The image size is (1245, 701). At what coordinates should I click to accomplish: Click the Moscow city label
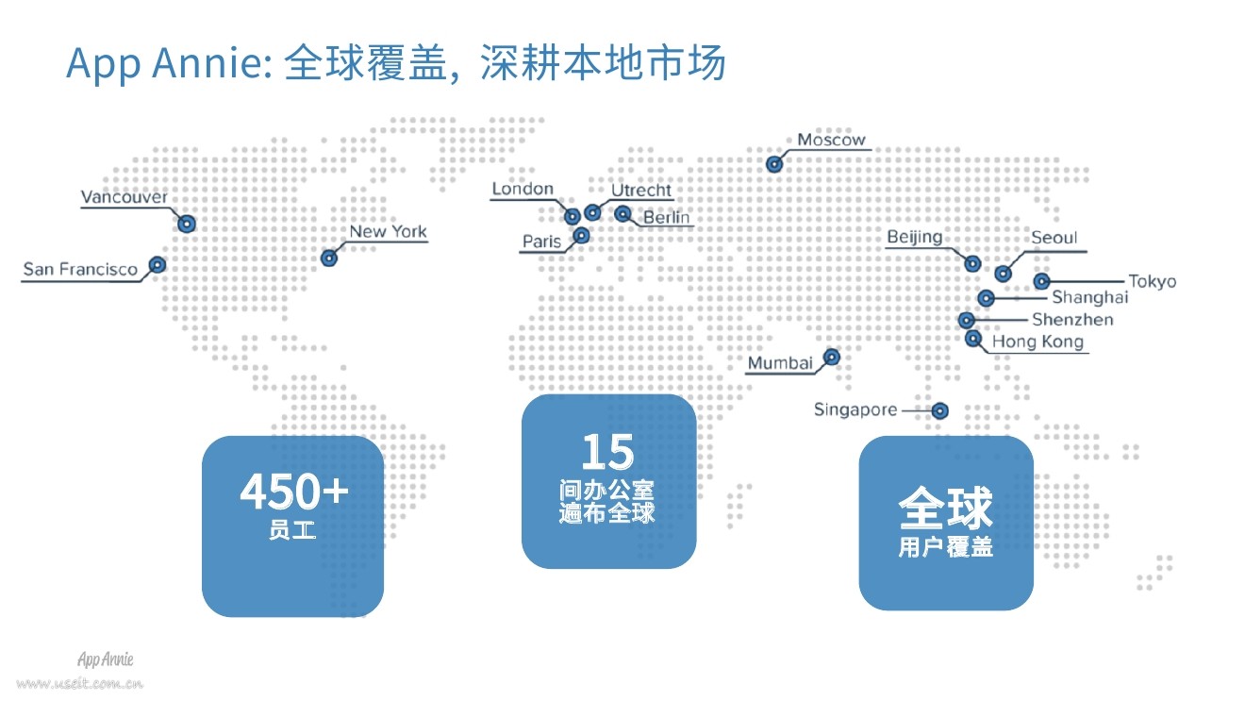point(831,141)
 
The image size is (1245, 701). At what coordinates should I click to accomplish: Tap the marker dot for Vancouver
point(187,224)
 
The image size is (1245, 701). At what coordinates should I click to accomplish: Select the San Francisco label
point(80,270)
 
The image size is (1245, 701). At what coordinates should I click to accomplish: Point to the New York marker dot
point(329,258)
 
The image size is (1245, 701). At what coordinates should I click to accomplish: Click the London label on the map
point(523,190)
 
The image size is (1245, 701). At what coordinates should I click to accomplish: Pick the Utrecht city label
point(641,191)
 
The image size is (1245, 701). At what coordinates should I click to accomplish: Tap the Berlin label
point(666,218)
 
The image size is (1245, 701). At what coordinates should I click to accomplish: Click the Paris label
point(541,242)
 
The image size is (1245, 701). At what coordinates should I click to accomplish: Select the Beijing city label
point(914,237)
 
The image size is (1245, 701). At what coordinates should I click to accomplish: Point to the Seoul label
point(1054,238)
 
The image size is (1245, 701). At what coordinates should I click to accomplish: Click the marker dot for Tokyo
point(1041,281)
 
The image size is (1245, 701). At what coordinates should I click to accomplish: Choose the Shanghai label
point(1089,298)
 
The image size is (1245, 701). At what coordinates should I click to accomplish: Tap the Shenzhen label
point(1072,320)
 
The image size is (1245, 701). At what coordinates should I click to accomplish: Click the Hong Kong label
point(1037,342)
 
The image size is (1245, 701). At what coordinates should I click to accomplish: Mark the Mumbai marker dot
point(832,357)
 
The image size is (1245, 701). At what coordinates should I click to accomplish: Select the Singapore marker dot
point(939,410)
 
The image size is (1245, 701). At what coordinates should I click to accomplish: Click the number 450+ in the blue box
point(293,492)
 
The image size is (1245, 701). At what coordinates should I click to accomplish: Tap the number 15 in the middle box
point(607,452)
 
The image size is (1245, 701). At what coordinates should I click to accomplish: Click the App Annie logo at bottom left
point(105,659)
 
